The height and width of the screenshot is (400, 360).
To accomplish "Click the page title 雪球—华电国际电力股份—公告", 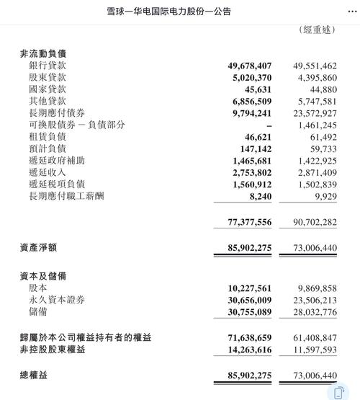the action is point(179,12).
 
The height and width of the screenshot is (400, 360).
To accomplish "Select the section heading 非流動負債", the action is point(44,54).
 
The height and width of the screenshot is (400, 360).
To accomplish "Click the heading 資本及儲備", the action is point(44,277).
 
